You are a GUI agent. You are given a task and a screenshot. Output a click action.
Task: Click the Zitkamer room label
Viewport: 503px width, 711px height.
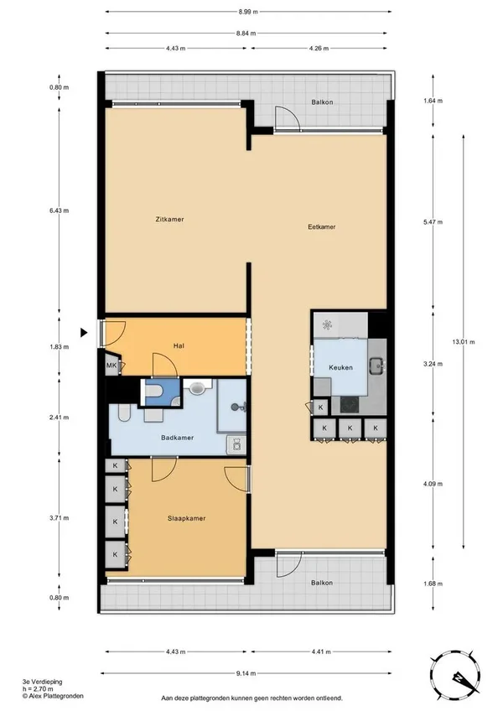point(169,220)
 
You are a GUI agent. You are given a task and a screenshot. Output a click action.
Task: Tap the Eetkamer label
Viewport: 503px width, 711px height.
point(322,226)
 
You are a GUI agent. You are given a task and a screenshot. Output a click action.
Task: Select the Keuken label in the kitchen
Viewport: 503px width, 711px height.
point(340,367)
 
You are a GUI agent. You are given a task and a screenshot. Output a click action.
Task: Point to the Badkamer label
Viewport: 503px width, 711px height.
point(178,438)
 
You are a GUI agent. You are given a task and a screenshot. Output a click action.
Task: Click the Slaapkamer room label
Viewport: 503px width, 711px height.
point(186,518)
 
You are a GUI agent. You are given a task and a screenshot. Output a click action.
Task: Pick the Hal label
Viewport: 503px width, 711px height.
point(179,346)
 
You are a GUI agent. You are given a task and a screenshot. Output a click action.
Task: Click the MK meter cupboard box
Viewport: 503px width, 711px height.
point(111,366)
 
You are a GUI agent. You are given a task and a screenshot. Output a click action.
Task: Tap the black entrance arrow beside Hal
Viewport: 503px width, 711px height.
point(84,333)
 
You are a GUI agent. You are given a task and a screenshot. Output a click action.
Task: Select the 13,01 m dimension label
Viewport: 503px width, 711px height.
point(463,342)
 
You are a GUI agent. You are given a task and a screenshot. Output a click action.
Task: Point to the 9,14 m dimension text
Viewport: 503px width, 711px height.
point(246,673)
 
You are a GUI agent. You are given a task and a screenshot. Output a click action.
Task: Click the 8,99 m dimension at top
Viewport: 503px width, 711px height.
point(248,12)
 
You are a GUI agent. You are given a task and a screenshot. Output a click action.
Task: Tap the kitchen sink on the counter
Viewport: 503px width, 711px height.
point(376,364)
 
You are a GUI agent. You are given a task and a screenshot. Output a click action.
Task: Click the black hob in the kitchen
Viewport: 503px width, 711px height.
point(350,404)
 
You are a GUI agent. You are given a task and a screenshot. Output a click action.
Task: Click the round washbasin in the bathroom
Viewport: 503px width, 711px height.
point(197,388)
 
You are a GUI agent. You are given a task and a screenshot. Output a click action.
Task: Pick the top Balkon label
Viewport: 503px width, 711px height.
point(322,102)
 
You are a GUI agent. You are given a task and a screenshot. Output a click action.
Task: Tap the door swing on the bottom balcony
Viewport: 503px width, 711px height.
point(289,564)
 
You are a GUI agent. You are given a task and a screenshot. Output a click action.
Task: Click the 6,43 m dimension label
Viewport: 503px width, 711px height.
point(60,210)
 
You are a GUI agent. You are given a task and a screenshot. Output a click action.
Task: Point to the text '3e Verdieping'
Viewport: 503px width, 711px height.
point(42,682)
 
